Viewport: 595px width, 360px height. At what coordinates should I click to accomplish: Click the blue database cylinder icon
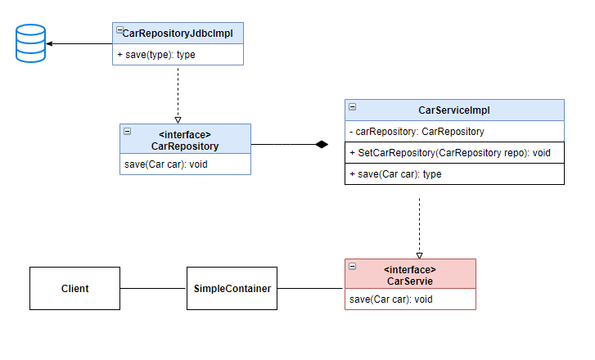pos(29,43)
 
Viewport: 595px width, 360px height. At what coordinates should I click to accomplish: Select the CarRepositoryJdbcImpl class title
pos(177,34)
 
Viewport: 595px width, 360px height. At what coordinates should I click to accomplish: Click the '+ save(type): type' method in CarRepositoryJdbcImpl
pos(156,55)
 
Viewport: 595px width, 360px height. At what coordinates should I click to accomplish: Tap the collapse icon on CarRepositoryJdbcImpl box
pos(119,30)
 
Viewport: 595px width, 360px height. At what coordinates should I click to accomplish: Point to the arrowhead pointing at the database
pos(51,43)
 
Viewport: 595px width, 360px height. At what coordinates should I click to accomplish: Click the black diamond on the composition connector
pos(322,145)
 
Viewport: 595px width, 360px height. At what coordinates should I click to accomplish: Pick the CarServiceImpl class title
pos(453,110)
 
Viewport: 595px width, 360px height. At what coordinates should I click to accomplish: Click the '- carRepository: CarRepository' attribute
pos(417,131)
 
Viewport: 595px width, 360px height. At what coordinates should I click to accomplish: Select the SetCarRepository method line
pos(449,153)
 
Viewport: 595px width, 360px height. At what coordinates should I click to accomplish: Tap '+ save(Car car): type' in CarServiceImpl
pos(395,174)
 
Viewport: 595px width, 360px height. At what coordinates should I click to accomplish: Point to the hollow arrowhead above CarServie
pos(419,254)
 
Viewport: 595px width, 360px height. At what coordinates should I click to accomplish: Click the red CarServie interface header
pos(409,275)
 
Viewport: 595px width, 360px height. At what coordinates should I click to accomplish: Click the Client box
pos(74,288)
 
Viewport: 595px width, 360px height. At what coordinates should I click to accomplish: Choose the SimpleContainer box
pos(232,288)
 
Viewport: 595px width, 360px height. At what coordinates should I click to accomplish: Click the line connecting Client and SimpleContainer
pos(153,288)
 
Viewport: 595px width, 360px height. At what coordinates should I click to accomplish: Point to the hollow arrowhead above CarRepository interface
pos(178,119)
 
